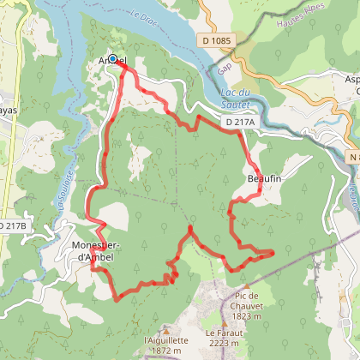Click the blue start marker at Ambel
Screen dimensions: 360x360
coord(112,59)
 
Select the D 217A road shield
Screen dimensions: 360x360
coord(241,123)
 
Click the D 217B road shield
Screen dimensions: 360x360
coord(10,225)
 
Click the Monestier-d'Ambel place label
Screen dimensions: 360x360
coord(99,252)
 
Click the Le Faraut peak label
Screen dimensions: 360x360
coord(223,332)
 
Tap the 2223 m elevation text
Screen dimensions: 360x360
coord(223,342)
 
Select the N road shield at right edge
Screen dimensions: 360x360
coord(353,157)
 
